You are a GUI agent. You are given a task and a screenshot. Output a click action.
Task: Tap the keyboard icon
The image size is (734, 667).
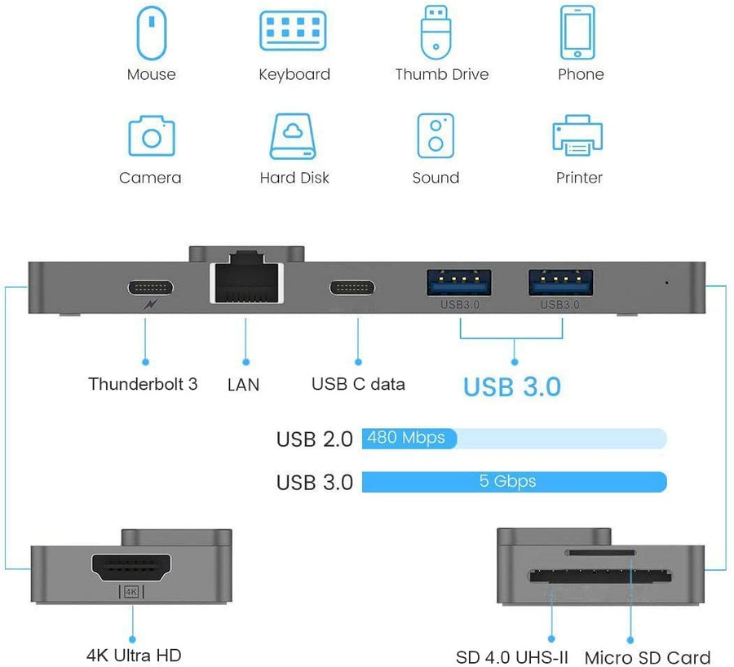[294, 32]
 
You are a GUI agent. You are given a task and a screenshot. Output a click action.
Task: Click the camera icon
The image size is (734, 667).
[151, 136]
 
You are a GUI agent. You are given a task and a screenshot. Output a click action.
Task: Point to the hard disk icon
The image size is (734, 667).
[294, 136]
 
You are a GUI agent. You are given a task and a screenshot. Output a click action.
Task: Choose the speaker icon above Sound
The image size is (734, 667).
[436, 136]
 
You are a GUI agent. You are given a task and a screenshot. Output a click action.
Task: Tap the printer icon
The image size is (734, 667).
[578, 136]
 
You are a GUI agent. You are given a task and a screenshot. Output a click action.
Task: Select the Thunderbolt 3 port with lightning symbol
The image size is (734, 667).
[150, 288]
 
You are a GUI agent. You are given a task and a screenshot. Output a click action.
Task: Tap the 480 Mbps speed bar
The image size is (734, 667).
[409, 438]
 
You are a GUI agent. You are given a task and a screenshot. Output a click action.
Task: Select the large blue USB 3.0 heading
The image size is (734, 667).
[512, 387]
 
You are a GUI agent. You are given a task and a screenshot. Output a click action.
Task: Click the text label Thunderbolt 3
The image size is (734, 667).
[143, 383]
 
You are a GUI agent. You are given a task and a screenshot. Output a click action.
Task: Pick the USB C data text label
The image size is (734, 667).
[358, 383]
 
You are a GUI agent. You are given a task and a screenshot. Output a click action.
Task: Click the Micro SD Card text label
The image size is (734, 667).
[648, 657]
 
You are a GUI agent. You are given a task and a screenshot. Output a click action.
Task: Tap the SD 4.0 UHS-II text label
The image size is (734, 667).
[512, 657]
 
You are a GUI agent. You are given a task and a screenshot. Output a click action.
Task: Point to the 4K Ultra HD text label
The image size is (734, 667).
[134, 655]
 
